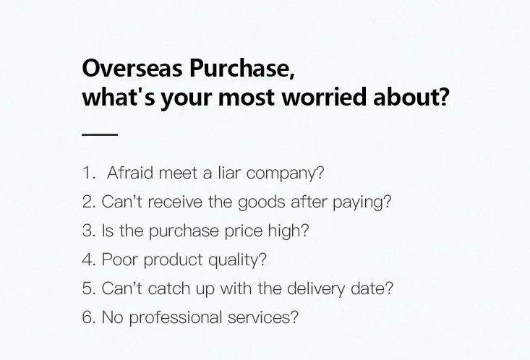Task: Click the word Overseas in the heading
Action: tap(132, 68)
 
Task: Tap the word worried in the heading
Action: tap(325, 97)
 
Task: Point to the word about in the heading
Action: tap(411, 97)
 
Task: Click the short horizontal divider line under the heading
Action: tap(100, 134)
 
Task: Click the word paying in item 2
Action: tap(359, 203)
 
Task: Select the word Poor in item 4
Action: tap(119, 260)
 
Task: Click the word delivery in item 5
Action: tap(316, 289)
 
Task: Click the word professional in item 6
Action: tap(176, 318)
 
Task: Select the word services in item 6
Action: tap(259, 318)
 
